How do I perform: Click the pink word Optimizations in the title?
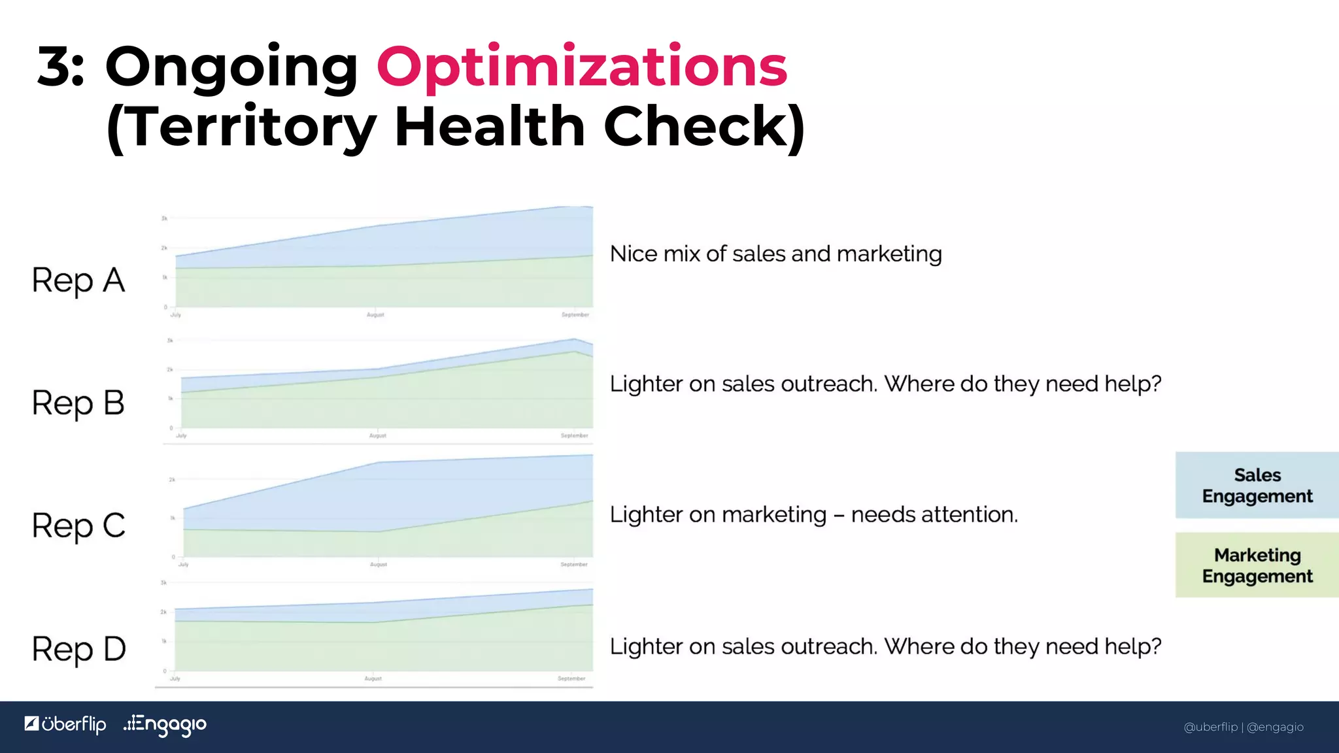click(581, 67)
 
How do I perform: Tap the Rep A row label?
click(78, 281)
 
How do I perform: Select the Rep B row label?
click(78, 403)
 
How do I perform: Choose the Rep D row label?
click(78, 649)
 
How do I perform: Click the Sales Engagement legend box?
click(1257, 485)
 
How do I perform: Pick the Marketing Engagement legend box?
click(1257, 565)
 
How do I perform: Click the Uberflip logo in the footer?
click(65, 724)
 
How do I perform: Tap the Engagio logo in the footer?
click(165, 725)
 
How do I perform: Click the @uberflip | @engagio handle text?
click(1243, 727)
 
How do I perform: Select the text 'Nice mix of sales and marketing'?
click(775, 254)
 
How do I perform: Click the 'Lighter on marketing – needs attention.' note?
click(813, 515)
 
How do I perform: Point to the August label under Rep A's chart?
click(375, 315)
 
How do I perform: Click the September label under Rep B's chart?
click(574, 435)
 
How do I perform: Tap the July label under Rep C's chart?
click(184, 564)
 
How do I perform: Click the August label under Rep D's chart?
click(373, 678)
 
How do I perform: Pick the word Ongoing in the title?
click(231, 68)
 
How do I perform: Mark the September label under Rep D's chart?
click(571, 678)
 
